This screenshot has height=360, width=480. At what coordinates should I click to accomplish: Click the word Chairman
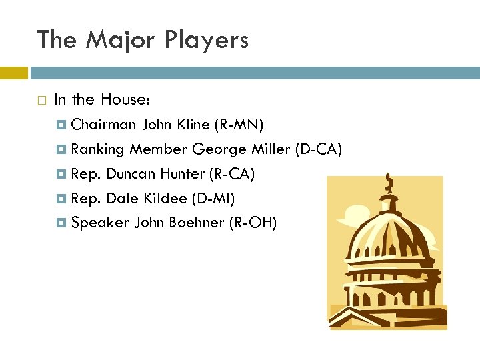pyautogui.click(x=104, y=125)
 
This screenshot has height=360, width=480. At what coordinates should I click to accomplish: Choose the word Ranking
pyautogui.click(x=98, y=149)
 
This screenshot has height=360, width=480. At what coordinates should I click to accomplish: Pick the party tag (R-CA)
pyautogui.click(x=233, y=174)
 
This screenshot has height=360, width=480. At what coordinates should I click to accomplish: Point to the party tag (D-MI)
pyautogui.click(x=213, y=199)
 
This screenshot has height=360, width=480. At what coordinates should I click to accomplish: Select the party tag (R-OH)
pyautogui.click(x=253, y=223)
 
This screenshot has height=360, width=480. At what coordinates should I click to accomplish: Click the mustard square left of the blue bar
pyautogui.click(x=13, y=72)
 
